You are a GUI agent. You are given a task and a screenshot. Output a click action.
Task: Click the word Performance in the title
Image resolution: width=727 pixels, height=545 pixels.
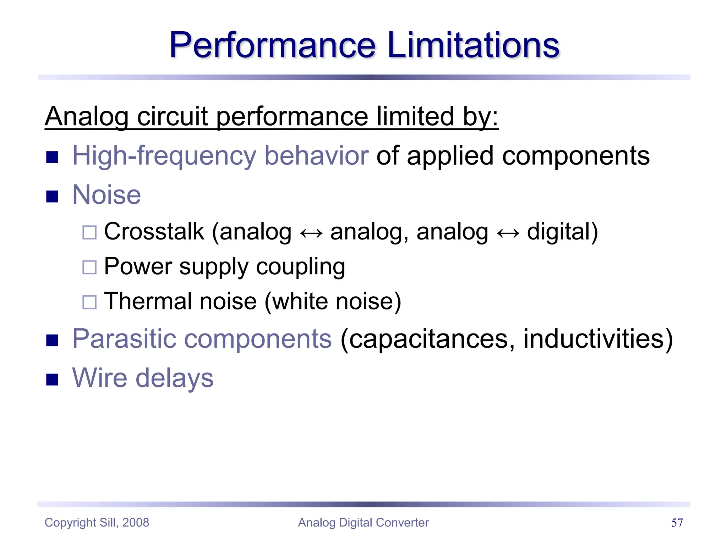(x=272, y=45)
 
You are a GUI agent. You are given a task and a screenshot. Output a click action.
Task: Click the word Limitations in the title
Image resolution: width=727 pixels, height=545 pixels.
(x=473, y=45)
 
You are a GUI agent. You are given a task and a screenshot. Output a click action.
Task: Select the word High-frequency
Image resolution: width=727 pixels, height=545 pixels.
(x=164, y=156)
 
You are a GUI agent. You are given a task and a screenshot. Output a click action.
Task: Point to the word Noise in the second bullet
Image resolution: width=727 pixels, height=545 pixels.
(x=106, y=195)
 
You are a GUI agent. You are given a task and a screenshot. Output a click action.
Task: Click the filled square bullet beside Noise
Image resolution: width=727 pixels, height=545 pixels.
(x=52, y=196)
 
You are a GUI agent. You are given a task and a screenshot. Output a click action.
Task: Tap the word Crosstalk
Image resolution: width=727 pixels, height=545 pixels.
(x=154, y=232)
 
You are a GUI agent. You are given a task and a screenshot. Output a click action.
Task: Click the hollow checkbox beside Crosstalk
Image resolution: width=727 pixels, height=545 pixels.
(x=89, y=233)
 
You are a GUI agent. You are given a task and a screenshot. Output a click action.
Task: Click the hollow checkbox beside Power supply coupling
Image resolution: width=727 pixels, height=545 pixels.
(x=89, y=268)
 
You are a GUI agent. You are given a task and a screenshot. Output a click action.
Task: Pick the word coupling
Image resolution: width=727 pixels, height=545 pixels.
(x=300, y=267)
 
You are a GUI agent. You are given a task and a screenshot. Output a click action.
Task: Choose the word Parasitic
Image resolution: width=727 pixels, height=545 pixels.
(x=124, y=338)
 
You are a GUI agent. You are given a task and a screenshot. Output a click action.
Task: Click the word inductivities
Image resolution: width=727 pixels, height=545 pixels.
(x=593, y=338)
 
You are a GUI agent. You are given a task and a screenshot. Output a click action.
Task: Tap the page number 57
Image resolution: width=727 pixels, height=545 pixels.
(x=677, y=523)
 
